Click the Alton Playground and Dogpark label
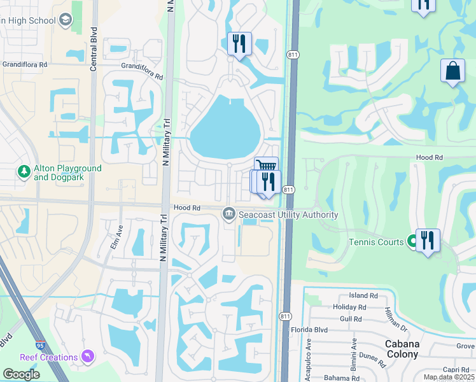[x=67, y=173]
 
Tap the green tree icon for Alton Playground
[x=24, y=172]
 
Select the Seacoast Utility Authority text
[x=288, y=215]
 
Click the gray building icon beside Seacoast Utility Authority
[x=228, y=215]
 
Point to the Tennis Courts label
[x=376, y=242]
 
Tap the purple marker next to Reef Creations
[x=88, y=357]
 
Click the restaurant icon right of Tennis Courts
[x=428, y=241]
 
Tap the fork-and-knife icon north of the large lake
[x=239, y=43]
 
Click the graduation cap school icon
[x=66, y=21]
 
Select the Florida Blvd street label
[x=326, y=331]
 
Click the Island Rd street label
[x=364, y=295]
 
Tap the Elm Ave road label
[x=118, y=235]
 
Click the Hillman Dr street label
[x=396, y=319]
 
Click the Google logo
[x=22, y=374]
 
